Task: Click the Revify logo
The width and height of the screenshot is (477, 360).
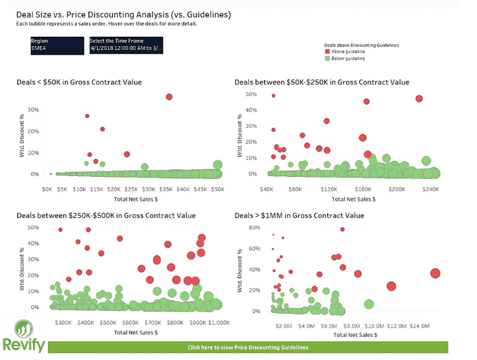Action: click(23, 336)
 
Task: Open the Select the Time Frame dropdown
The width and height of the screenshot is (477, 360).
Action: click(126, 44)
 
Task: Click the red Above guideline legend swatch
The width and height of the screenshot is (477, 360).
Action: click(327, 52)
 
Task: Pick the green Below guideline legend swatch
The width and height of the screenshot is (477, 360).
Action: click(327, 58)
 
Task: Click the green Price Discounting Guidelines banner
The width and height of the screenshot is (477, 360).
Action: click(248, 347)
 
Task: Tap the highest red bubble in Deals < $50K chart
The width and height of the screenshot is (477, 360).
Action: click(169, 97)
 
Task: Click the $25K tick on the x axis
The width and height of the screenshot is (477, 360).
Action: click(131, 189)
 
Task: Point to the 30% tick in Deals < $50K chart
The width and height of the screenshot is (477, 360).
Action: click(33, 110)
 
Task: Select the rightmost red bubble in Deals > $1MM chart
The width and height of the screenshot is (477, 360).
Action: click(435, 273)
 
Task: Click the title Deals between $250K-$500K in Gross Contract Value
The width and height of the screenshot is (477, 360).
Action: click(106, 216)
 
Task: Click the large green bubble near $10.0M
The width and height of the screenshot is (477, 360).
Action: click(369, 304)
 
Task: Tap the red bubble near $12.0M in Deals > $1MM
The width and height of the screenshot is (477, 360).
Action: click(391, 286)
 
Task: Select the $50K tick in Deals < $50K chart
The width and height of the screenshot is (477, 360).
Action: click(217, 189)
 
